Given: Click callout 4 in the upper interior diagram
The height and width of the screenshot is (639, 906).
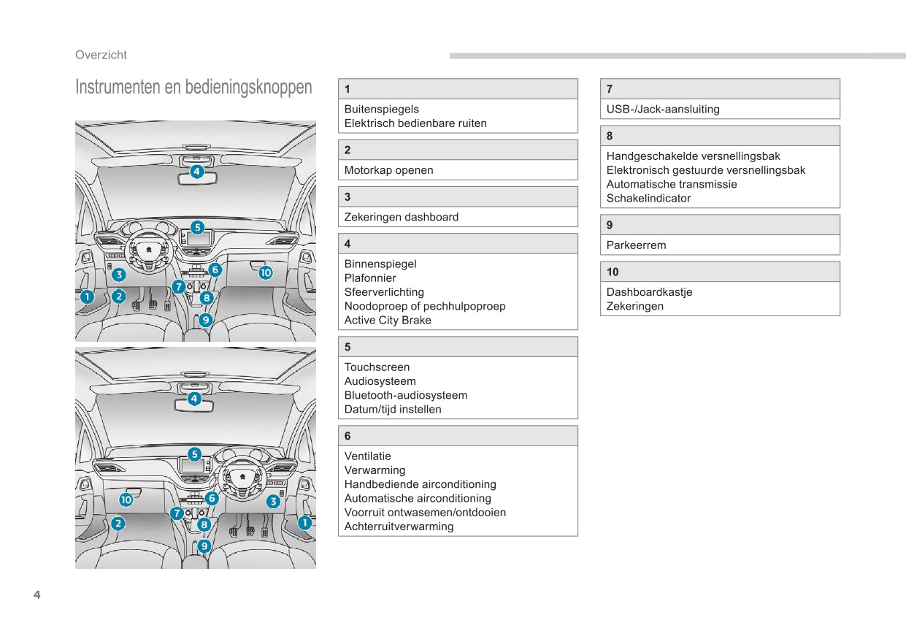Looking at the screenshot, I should tap(197, 172).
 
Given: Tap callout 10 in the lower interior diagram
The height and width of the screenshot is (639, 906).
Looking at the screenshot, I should tap(126, 500).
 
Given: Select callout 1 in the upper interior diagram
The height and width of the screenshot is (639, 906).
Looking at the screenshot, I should tap(86, 296).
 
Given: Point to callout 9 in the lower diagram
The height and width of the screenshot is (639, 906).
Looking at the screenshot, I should tap(204, 546).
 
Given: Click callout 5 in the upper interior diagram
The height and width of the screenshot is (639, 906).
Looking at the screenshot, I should tap(197, 227).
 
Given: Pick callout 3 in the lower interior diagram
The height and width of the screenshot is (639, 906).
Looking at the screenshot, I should tap(273, 501).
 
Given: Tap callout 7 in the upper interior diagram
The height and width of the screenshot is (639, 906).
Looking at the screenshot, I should tap(179, 287).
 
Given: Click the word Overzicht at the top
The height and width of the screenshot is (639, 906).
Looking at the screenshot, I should tap(101, 55).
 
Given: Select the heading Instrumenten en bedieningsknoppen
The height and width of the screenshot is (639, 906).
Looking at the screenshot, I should tap(193, 88).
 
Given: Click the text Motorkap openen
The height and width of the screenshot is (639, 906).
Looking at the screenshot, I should tap(388, 170).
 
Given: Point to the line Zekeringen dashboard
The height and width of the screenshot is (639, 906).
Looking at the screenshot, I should tap(401, 217).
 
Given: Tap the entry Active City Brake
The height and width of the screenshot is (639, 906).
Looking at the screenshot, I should tap(388, 320).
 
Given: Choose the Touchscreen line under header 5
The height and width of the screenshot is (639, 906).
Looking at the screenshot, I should tap(377, 367).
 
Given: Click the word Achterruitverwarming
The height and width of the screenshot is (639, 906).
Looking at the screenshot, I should tap(399, 527).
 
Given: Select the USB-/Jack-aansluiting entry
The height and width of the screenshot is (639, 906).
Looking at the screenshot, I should tap(662, 110).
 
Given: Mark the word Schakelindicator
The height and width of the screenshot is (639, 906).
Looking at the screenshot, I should tap(648, 198).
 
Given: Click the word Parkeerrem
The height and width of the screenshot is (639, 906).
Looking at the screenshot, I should tap(636, 245).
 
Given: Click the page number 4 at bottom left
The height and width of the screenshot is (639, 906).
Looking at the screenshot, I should tap(37, 594).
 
